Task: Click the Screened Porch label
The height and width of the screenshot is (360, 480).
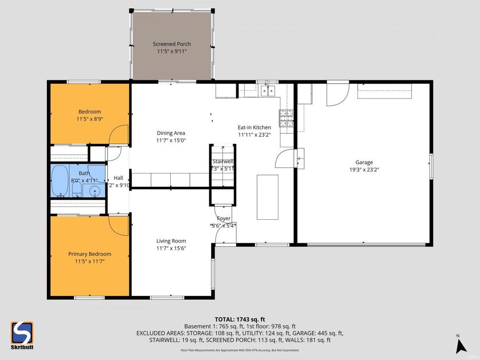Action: coord(172,44)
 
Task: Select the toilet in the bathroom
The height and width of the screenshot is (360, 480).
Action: coord(77,190)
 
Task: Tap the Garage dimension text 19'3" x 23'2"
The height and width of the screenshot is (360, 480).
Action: coord(364,170)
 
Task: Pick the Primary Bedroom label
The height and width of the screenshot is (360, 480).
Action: coord(90,254)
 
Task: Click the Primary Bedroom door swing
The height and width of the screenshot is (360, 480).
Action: coord(119,225)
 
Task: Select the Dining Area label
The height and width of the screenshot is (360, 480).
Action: coord(171,133)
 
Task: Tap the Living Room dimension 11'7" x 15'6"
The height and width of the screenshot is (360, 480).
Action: coord(171,248)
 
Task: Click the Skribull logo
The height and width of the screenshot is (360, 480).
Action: coord(22,334)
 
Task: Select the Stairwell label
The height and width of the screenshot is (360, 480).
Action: coord(222,161)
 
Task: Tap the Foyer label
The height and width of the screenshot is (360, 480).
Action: coord(223,218)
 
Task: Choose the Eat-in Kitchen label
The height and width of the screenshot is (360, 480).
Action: coord(254,127)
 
